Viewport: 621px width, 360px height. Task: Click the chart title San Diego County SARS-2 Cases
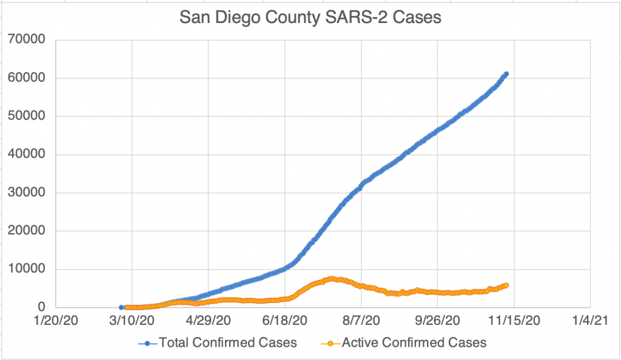tap(310, 18)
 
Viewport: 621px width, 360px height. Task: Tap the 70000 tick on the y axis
tap(27, 40)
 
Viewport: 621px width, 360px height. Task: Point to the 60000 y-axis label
tap(27, 78)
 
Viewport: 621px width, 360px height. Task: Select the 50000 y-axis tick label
tap(27, 116)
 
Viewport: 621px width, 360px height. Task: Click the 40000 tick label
tap(27, 155)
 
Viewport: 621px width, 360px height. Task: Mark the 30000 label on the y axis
tap(27, 193)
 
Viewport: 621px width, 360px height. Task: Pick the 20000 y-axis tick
tap(27, 231)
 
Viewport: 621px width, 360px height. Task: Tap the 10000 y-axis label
tap(27, 269)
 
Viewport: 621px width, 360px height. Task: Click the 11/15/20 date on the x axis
tap(514, 319)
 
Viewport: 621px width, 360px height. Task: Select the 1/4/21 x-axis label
tap(590, 319)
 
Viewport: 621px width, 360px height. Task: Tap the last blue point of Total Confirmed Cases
tap(506, 74)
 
